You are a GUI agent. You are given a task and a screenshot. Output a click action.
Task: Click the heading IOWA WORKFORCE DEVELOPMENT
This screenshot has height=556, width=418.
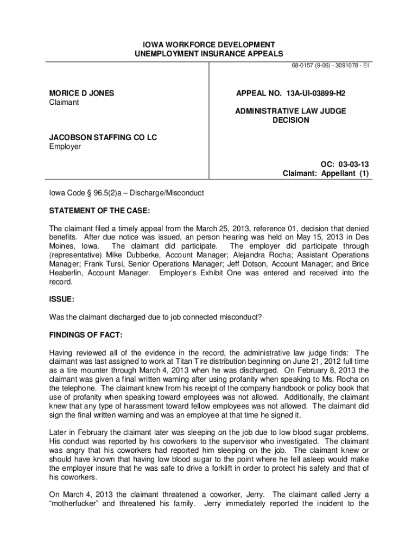208,45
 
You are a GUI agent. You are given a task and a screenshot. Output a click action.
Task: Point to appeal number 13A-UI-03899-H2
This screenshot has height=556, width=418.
290,93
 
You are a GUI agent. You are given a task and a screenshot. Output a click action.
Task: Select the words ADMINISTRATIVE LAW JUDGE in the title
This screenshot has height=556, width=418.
290,111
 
